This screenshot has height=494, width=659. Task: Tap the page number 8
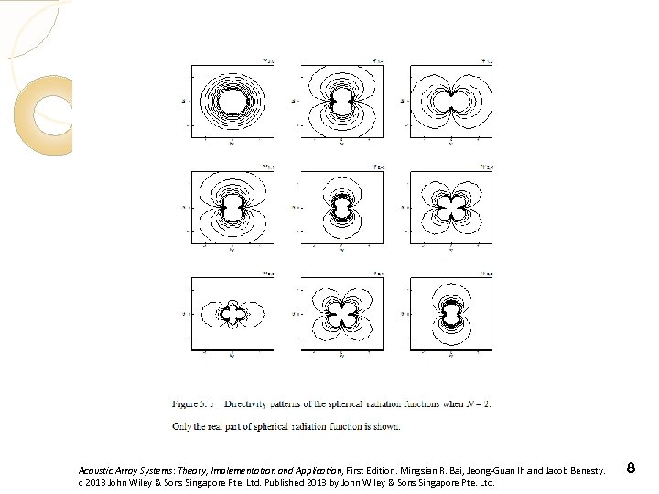(631, 469)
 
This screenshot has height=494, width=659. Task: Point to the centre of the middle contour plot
(341, 208)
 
